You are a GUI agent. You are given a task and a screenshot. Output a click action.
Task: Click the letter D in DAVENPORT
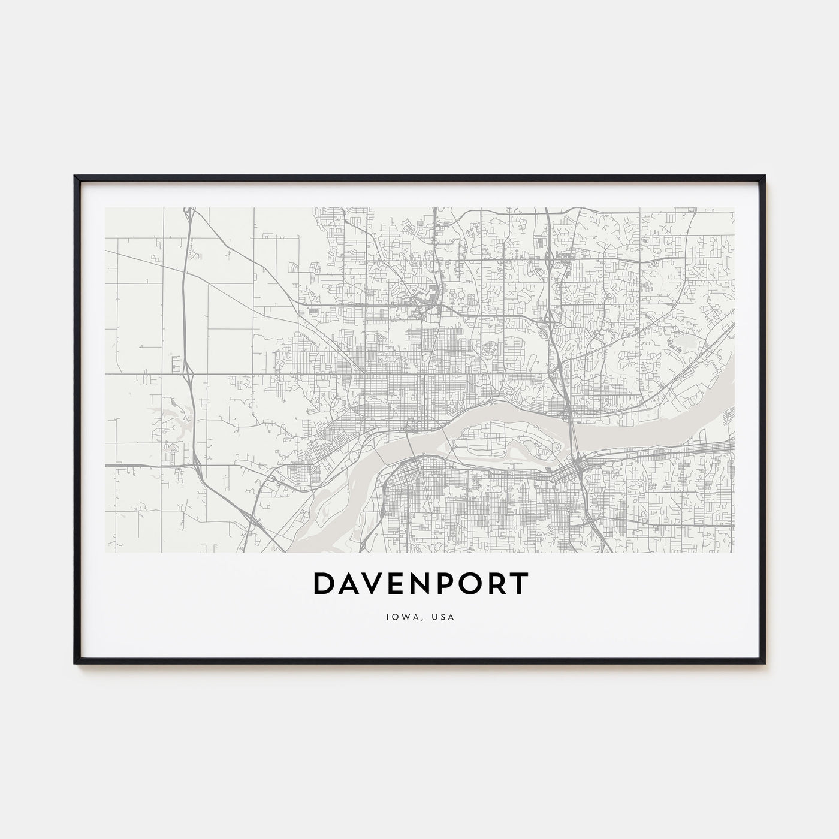[324, 584]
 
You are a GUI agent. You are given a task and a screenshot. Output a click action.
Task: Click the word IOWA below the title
[399, 617]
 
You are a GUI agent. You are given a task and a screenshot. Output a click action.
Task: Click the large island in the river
[509, 440]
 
